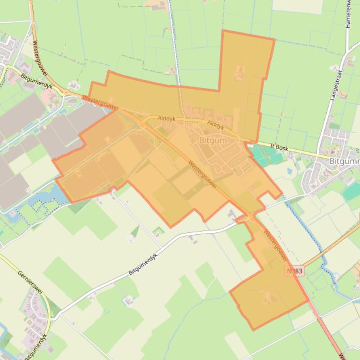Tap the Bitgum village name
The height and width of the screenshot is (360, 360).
[x=213, y=140]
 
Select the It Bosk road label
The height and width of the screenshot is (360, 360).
[x=279, y=147]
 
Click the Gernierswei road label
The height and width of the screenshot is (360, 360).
[x=30, y=282]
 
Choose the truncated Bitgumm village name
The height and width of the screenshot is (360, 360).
[x=344, y=161]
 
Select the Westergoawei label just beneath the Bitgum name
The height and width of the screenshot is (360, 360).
[x=203, y=174]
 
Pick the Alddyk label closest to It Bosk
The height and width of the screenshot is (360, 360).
[x=216, y=125]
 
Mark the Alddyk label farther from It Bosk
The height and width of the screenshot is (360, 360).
[x=166, y=119]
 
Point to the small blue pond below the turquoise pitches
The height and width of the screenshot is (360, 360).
[x=289, y=171]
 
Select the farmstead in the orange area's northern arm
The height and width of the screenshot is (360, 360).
[x=240, y=72]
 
